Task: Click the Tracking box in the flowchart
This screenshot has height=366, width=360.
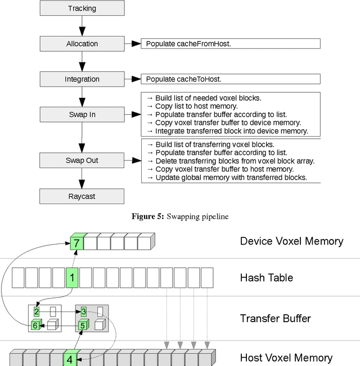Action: (x=82, y=8)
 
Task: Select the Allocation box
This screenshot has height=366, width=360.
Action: (x=82, y=44)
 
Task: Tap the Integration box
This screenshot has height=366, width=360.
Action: (x=82, y=79)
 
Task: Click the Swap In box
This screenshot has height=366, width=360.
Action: (x=82, y=115)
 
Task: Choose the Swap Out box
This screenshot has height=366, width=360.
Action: (x=82, y=160)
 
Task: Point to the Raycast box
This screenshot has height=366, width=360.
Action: (x=82, y=196)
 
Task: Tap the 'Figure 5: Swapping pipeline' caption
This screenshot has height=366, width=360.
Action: (x=180, y=216)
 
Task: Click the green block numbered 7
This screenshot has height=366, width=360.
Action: (x=76, y=243)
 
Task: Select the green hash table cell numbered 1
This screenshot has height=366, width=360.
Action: (x=72, y=278)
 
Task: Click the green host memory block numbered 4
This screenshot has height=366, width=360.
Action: (x=70, y=358)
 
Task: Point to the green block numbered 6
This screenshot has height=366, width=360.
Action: (x=35, y=326)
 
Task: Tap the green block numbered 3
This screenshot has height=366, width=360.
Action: (x=83, y=311)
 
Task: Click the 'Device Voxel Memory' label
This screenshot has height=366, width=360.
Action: (x=291, y=241)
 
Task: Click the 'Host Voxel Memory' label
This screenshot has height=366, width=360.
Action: (x=286, y=358)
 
